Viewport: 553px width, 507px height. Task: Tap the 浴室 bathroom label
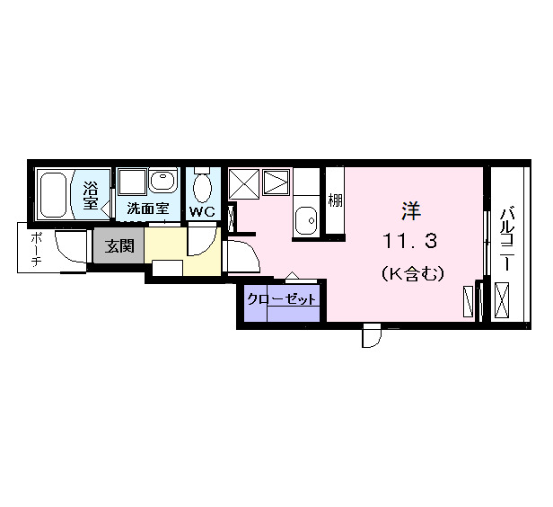click(x=91, y=195)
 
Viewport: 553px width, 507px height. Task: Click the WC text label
click(x=201, y=212)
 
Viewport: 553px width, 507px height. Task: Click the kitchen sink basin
click(x=307, y=218)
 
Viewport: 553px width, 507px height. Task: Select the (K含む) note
click(x=411, y=273)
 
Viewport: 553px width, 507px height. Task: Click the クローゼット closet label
click(x=281, y=300)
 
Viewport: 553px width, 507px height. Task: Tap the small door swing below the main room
click(x=371, y=336)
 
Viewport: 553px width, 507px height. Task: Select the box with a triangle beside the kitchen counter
click(x=276, y=185)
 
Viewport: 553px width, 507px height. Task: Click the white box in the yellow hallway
click(x=168, y=267)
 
